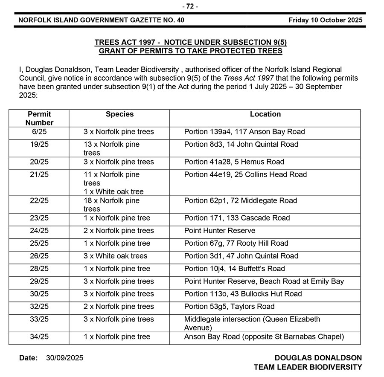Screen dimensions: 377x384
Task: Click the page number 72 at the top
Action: point(190,6)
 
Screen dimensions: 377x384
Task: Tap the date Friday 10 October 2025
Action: point(325,20)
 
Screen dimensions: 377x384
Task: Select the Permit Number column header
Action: point(39,118)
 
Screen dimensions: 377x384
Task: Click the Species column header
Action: point(119,114)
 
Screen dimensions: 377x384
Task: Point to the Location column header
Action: point(265,114)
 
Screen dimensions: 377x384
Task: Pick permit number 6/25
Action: point(39,132)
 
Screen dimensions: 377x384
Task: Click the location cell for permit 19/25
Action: point(241,145)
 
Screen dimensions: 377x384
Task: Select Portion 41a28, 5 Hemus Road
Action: point(234,162)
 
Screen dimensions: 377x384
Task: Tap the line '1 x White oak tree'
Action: point(113,191)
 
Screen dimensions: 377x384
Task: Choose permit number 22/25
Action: point(39,200)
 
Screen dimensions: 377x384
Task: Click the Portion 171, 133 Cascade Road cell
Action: point(237,218)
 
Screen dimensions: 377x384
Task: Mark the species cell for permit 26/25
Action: point(115,256)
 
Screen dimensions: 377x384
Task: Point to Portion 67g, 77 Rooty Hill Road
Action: point(236,244)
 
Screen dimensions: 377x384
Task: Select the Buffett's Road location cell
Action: point(234,269)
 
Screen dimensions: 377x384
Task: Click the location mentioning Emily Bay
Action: point(264,281)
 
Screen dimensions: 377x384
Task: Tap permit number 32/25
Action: point(39,307)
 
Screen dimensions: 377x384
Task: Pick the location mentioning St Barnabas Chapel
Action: point(264,337)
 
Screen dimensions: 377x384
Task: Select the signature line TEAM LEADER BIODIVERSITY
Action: point(308,367)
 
